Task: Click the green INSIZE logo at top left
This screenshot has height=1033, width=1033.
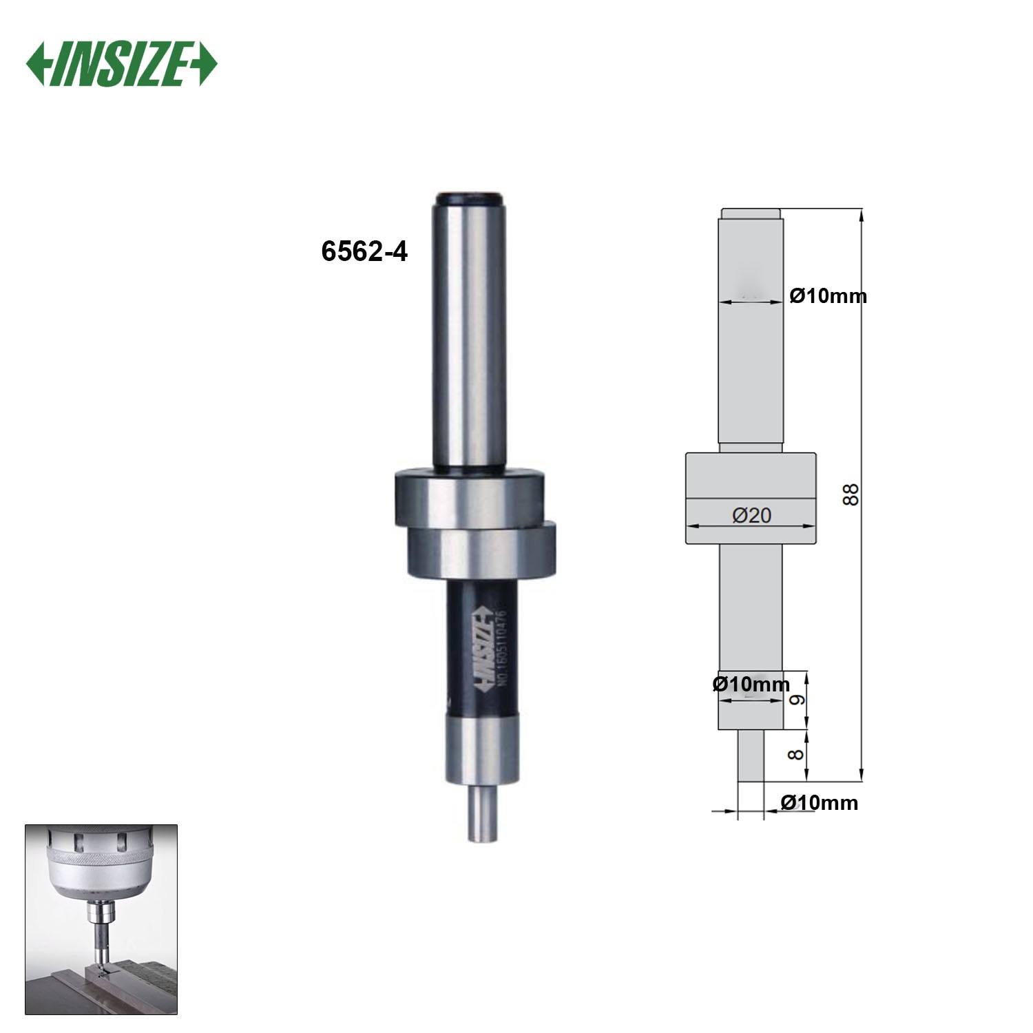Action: pos(122,65)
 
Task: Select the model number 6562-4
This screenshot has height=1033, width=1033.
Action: pos(364,252)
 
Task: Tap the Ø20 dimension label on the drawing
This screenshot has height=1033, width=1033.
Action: pos(751,514)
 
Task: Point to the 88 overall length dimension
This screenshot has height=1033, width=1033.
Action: pos(852,494)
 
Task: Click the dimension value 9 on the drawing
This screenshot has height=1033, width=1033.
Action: pos(796,700)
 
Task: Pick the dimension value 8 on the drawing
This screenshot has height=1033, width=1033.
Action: pos(796,755)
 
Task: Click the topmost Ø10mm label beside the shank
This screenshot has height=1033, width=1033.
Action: pos(828,296)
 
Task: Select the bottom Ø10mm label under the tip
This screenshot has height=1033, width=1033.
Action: pos(819,802)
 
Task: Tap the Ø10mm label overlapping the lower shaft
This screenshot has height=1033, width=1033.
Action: pos(751,685)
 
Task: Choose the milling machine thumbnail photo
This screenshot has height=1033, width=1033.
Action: pos(101,919)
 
